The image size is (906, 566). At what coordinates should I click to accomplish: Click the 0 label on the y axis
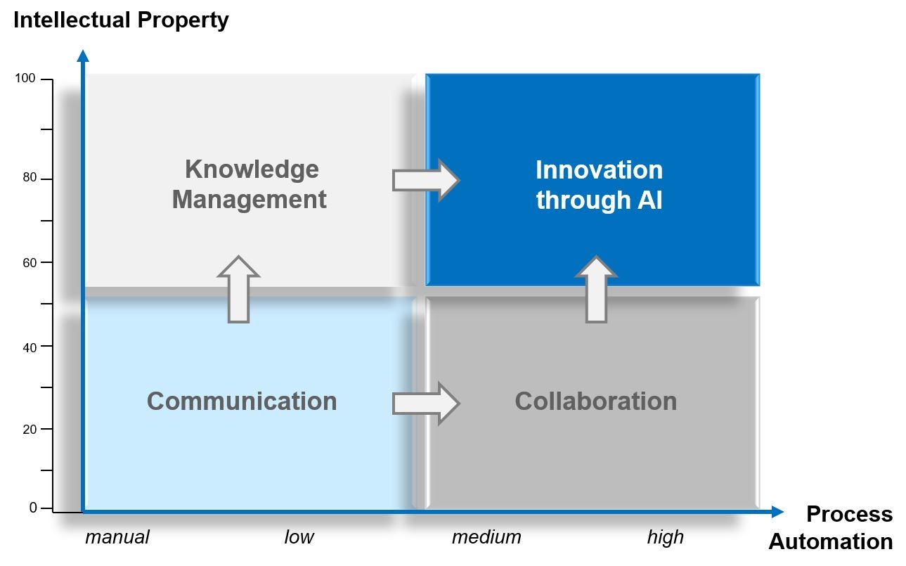(32, 508)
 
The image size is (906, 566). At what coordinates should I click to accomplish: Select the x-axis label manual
(117, 538)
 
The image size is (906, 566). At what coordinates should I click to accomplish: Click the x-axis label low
(299, 538)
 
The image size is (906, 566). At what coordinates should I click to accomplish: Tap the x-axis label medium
(486, 538)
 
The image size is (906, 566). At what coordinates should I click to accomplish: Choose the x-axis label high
(665, 538)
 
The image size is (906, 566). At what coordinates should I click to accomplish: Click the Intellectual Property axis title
(121, 20)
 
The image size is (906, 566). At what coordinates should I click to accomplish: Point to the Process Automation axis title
(831, 527)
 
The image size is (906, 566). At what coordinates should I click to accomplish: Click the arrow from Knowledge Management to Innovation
(425, 180)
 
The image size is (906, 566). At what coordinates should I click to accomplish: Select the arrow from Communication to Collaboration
(425, 403)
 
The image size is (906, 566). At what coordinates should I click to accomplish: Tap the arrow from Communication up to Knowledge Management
(239, 289)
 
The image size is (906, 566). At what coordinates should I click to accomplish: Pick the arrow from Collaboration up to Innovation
(596, 289)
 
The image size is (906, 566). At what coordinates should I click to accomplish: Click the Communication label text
(242, 401)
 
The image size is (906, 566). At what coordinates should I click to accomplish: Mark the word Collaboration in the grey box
(595, 401)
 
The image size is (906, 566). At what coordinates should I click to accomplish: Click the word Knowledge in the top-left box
(252, 169)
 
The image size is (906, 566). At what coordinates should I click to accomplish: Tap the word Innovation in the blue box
(599, 170)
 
